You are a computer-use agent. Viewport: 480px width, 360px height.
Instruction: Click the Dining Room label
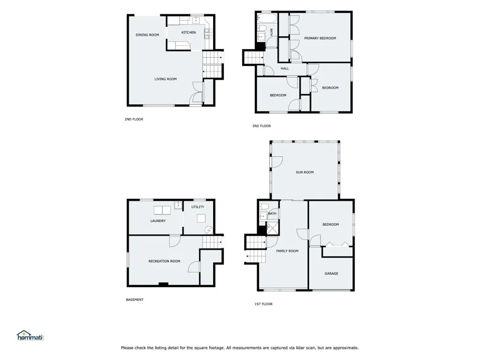(147, 35)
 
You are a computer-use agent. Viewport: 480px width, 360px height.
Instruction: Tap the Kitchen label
(189, 33)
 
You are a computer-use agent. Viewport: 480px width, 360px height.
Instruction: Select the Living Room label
(165, 79)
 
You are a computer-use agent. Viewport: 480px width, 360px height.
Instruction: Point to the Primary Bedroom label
(320, 38)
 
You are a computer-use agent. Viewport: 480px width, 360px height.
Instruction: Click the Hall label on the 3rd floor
(285, 69)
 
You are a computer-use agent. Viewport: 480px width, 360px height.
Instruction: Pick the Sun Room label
(305, 172)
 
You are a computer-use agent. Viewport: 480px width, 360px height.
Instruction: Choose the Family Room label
(287, 251)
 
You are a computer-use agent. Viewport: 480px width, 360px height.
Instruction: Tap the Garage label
(331, 274)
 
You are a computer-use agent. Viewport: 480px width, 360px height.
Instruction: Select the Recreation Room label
(164, 261)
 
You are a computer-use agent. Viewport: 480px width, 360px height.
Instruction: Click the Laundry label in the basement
(158, 221)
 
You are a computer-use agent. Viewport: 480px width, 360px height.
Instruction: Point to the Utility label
(198, 207)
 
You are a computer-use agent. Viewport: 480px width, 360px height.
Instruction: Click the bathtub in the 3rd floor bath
(266, 18)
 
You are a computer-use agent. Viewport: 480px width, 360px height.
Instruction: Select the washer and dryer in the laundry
(162, 211)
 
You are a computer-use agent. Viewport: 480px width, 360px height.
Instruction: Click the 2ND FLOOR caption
(134, 120)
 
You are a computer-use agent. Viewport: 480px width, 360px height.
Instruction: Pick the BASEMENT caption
(135, 300)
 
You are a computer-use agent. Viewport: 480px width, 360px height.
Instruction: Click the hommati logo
(31, 336)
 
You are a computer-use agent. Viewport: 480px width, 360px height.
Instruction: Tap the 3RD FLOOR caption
(262, 126)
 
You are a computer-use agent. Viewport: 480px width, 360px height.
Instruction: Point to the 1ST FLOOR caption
(263, 304)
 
